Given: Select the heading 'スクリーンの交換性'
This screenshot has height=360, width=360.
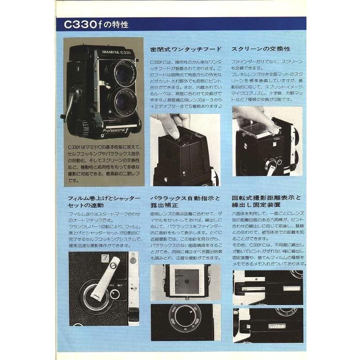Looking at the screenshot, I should point(261,49).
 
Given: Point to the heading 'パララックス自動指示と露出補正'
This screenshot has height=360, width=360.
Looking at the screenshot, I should point(185,202).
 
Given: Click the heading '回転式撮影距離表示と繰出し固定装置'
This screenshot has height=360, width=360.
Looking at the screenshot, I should point(266,202).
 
